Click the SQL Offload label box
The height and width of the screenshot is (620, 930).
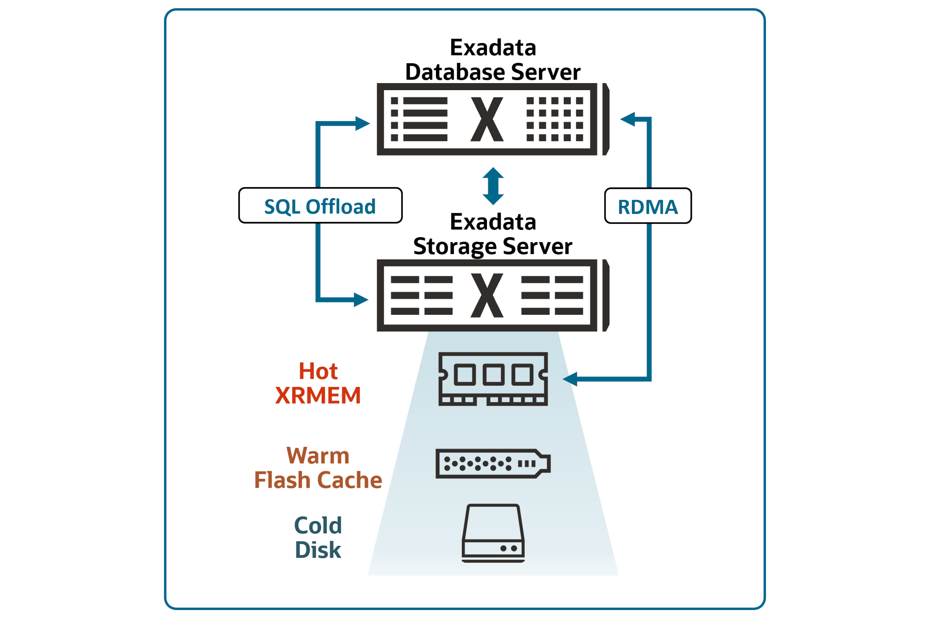click(x=320, y=206)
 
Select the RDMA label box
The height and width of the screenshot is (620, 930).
click(x=648, y=206)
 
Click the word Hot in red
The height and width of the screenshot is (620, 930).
click(x=318, y=371)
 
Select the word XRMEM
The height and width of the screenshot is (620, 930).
click(x=318, y=395)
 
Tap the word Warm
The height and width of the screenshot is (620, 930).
click(x=318, y=456)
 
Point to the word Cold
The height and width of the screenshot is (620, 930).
click(x=318, y=526)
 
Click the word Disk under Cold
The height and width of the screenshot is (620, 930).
click(x=318, y=550)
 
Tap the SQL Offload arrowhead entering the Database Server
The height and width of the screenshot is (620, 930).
click(x=362, y=123)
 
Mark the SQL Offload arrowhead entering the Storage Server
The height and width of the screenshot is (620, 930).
click(x=360, y=300)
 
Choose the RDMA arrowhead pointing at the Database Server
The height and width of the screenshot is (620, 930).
click(x=628, y=119)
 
